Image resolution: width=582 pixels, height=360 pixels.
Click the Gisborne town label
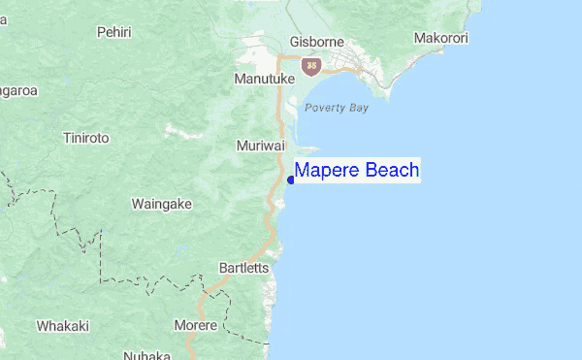coord(316,44)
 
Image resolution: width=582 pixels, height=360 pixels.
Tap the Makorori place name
coord(441,39)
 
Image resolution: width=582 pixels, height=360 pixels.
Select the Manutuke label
coord(263,77)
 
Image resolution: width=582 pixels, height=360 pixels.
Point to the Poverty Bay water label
coord(337,108)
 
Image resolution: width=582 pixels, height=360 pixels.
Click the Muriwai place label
coord(260,146)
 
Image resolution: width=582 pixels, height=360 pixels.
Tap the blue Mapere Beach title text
coord(357,171)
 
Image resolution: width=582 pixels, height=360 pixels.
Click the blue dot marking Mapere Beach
coord(291,180)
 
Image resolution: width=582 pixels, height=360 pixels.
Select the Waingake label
coord(162,204)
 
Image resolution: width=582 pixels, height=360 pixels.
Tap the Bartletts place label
coord(244,268)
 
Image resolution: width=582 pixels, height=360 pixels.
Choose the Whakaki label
coord(63,326)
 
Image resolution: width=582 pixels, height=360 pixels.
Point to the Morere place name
coord(196,325)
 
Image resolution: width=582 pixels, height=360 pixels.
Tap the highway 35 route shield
coord(311,66)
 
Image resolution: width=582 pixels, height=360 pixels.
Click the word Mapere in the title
coord(325,171)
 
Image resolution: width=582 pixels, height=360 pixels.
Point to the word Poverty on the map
coord(324,108)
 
